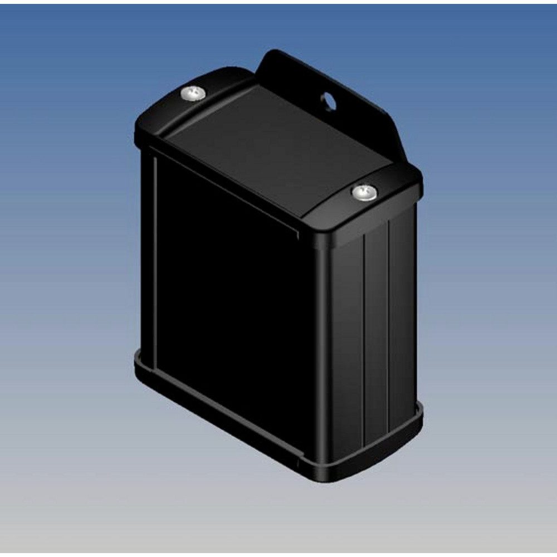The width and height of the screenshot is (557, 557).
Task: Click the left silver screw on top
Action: (194, 94)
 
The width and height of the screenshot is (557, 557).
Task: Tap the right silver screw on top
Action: (364, 193)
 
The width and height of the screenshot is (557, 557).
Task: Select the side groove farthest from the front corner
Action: (389, 323)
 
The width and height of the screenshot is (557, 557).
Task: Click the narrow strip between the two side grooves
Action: (377, 329)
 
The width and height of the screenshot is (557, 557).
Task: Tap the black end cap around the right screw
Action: (384, 206)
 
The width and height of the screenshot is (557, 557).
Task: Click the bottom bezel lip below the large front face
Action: (223, 415)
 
